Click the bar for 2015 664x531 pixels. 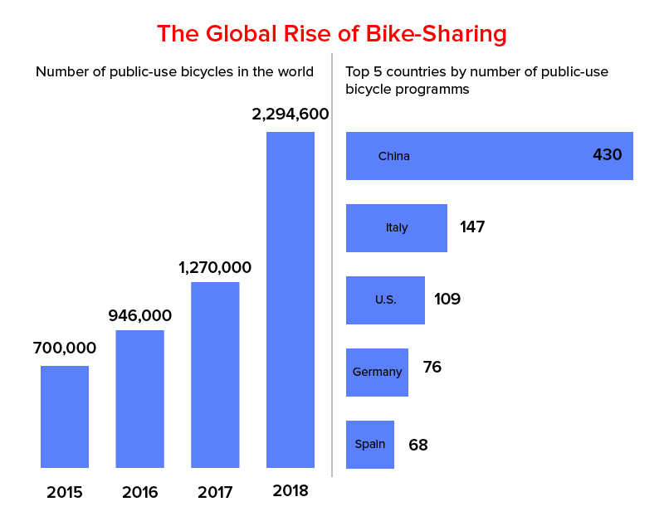(65, 417)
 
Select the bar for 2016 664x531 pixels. (139, 399)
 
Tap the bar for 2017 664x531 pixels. (215, 375)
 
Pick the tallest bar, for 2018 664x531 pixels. (290, 300)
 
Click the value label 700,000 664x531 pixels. (65, 348)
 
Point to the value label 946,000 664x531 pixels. (139, 315)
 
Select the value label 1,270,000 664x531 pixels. (215, 268)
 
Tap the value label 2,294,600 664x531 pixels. (290, 114)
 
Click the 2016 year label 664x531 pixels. (139, 492)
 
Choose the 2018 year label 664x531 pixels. (290, 490)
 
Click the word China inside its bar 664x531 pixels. (394, 156)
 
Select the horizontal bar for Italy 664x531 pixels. (397, 228)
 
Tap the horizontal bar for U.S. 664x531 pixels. (385, 300)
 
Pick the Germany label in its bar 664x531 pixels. (377, 372)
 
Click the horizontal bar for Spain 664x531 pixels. (370, 445)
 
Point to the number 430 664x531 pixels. (608, 155)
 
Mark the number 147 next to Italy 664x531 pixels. (472, 227)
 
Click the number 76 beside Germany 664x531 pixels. (432, 367)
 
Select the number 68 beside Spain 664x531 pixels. (418, 445)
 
